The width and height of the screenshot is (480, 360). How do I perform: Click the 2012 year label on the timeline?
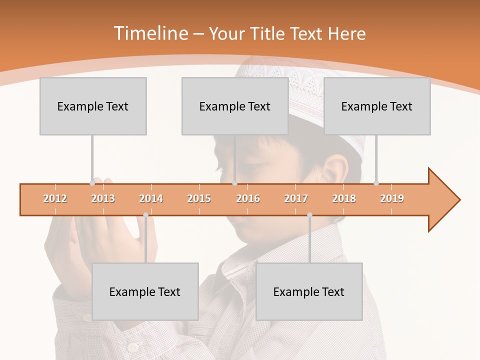(55, 198)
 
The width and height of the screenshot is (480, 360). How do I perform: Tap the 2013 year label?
(103, 198)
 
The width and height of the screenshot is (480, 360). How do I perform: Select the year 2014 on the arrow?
(151, 198)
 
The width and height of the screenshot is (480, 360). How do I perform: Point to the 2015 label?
(199, 198)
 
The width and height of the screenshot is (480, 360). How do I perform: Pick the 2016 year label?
(248, 198)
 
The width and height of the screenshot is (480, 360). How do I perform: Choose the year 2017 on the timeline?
(296, 198)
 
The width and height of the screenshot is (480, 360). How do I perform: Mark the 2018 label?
(344, 198)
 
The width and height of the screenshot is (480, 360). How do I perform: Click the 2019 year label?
(392, 198)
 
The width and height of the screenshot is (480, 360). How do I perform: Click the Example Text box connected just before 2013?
(93, 106)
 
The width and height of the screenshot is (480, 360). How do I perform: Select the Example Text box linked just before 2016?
(235, 106)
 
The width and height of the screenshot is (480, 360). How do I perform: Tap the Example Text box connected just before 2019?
(377, 106)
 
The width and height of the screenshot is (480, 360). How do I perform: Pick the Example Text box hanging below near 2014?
(145, 291)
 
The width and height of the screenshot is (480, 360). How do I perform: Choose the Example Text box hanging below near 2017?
(309, 291)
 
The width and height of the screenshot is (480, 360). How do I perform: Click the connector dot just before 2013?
(92, 183)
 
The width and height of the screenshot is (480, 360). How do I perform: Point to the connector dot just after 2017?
(309, 215)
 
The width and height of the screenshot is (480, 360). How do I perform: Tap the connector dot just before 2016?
(234, 183)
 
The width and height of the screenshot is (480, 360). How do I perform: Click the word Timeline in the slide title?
(150, 33)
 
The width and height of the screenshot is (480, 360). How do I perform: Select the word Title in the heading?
(269, 33)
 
